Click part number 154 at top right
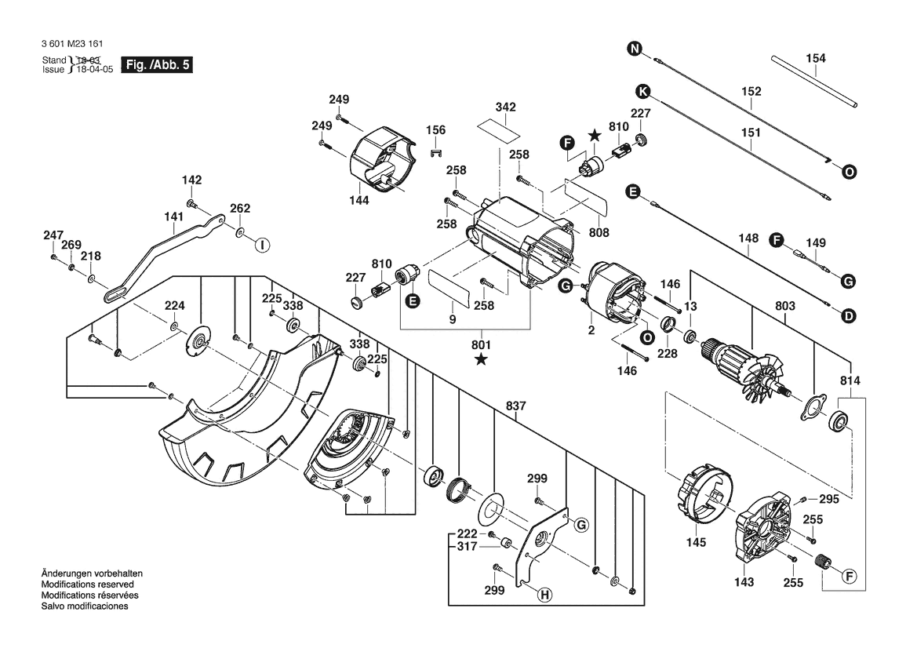(816, 58)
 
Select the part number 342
(505, 107)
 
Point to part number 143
(744, 582)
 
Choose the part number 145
(696, 542)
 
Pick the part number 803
(785, 306)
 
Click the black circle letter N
(634, 49)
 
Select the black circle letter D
(848, 316)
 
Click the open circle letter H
(543, 595)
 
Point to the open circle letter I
(262, 245)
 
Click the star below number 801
(481, 359)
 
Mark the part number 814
(850, 380)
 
